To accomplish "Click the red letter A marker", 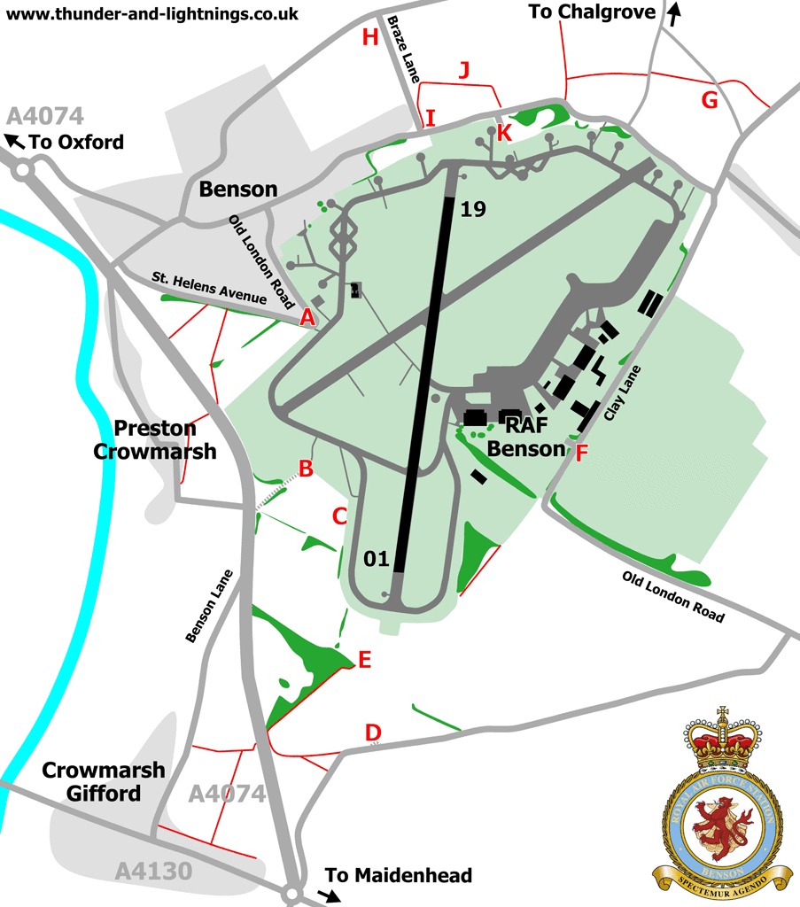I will point(307,317).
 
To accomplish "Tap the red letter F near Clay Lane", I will point(581,453).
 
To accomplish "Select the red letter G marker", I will point(709,100).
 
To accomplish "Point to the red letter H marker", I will point(370,37).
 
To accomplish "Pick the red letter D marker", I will point(373,733).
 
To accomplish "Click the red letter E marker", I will point(363,659).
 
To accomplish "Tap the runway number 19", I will point(474,210).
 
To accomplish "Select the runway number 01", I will point(377,558).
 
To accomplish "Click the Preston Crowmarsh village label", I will point(155,440).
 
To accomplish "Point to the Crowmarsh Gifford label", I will point(104,781).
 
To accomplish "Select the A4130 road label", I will point(153,872).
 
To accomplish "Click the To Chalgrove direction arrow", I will point(676,13).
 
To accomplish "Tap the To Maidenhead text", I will point(398,876).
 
